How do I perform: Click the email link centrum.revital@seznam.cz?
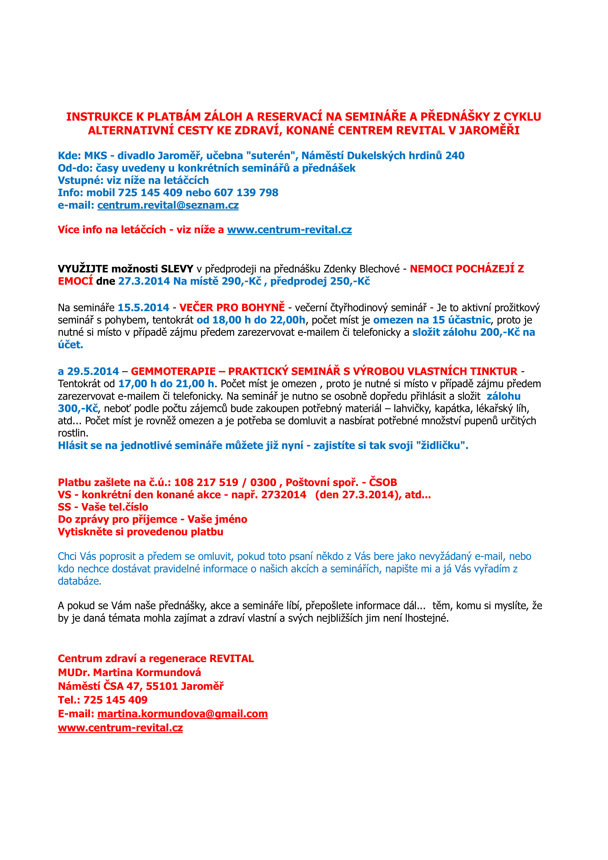click(168, 205)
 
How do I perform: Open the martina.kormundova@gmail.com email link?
click(182, 714)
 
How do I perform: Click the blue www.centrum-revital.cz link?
click(289, 230)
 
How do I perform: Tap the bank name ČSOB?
click(383, 482)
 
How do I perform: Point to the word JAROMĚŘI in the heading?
click(489, 131)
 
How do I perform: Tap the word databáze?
click(79, 581)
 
